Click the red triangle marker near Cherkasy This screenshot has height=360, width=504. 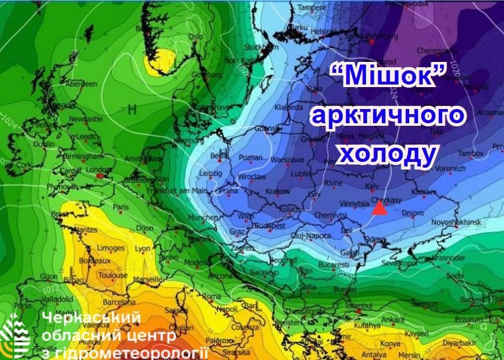coord(380,208)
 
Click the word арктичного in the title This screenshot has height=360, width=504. coord(387,117)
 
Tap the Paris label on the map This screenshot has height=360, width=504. coord(121,208)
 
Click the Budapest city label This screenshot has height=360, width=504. coord(269,226)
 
